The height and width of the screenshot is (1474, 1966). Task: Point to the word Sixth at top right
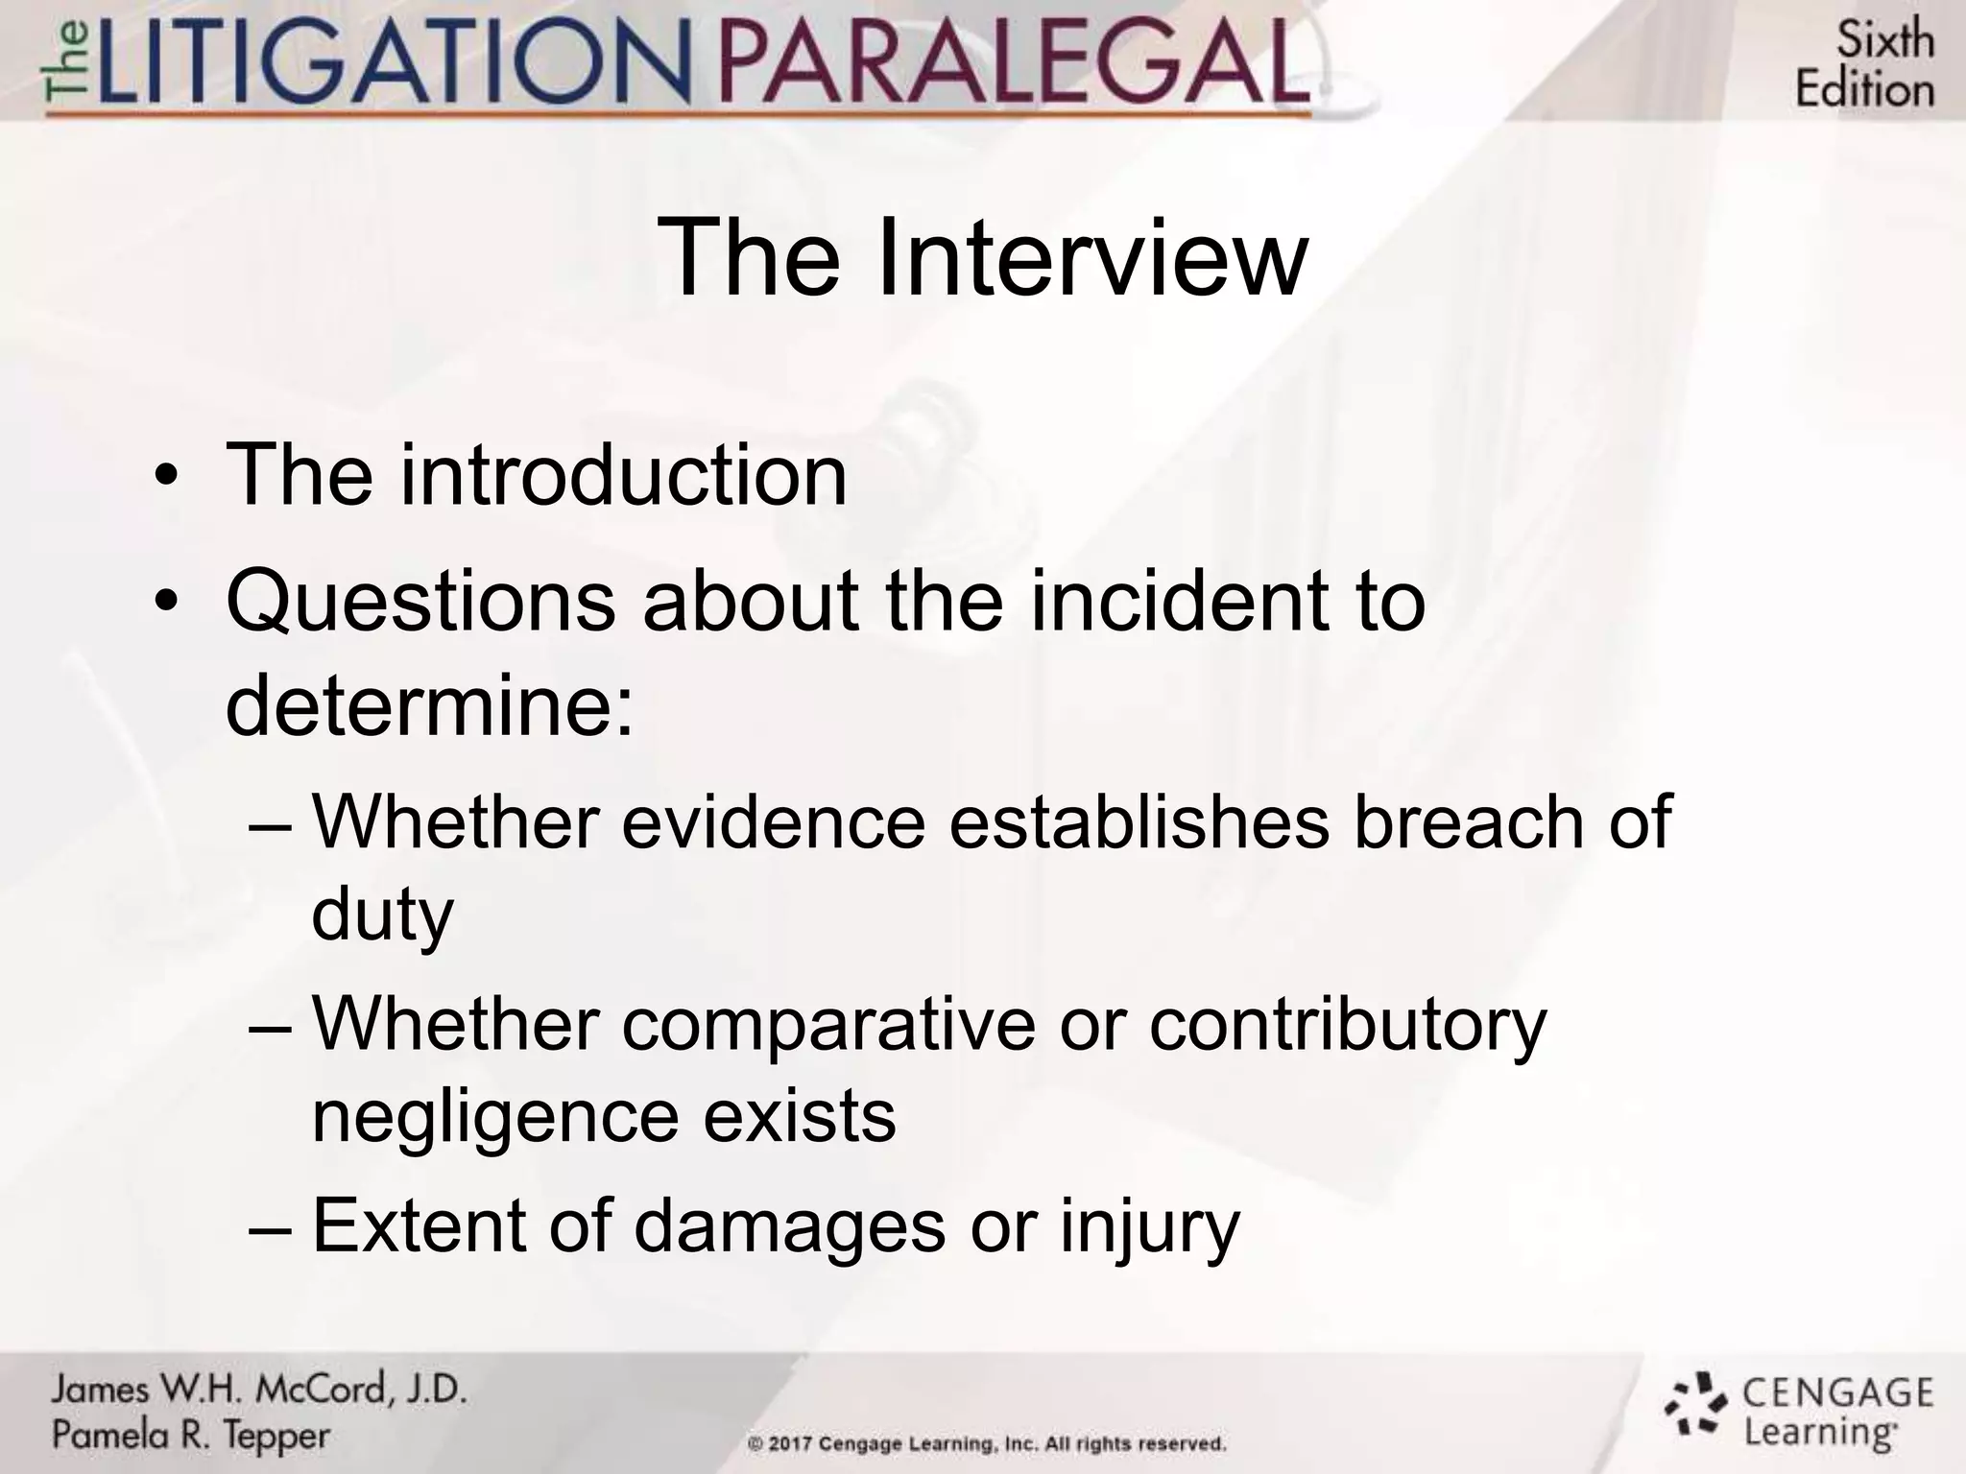pos(1884,40)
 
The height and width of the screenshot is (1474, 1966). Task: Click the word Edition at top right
pos(1864,90)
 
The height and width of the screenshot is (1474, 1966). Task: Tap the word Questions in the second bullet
pos(420,603)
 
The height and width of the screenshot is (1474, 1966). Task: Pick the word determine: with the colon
pos(430,706)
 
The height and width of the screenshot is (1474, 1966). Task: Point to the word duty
pos(382,915)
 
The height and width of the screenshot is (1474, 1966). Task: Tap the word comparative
pos(828,1025)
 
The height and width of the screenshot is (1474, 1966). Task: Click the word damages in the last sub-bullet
pos(789,1226)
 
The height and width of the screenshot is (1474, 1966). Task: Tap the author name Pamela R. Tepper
pos(190,1436)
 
